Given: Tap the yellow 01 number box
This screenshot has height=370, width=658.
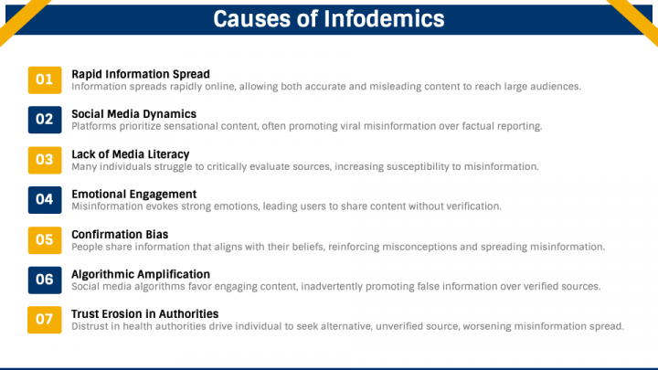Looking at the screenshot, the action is (x=45, y=79).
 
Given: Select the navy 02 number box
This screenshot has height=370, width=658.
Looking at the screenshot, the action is (x=45, y=120).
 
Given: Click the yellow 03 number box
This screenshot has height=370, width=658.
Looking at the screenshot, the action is (x=45, y=160).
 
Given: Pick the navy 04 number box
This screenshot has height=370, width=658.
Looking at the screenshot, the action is (x=45, y=200).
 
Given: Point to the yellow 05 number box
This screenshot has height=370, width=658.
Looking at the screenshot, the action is (x=45, y=240).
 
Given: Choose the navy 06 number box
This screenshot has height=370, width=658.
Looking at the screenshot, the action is (x=45, y=280).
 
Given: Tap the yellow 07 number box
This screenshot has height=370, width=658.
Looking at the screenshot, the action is (x=45, y=320).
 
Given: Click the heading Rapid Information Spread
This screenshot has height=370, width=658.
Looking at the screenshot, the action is (x=141, y=74).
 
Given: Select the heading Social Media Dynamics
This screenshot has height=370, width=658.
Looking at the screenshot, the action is (x=133, y=114).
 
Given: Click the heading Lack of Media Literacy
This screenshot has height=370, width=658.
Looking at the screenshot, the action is (x=131, y=154).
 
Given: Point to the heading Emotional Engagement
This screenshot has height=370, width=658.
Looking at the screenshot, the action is (x=133, y=195).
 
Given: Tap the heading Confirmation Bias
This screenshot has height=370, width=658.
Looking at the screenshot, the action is (x=120, y=235).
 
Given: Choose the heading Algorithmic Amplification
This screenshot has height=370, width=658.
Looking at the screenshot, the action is (x=141, y=274).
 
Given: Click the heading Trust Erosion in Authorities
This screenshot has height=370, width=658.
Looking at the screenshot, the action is (x=144, y=313).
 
